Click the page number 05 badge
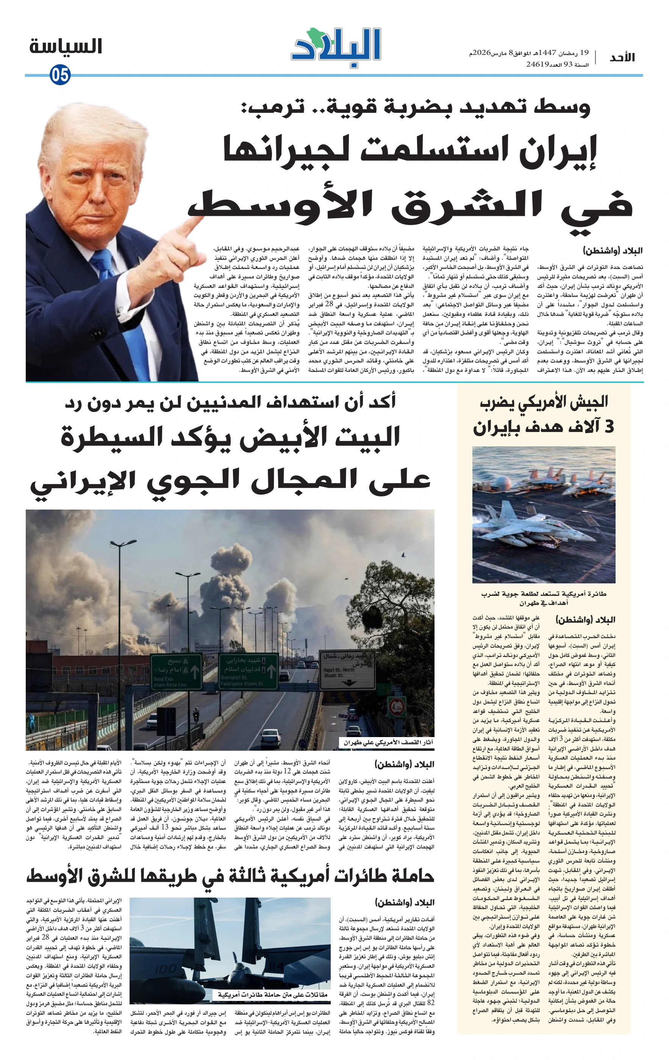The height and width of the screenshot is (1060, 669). click(x=60, y=75)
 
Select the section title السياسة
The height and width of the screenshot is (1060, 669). click(x=66, y=47)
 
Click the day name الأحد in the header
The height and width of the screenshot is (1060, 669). click(x=622, y=58)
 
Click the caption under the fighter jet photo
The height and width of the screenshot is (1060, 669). click(x=544, y=598)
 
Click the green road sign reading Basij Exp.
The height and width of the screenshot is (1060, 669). click(x=176, y=671)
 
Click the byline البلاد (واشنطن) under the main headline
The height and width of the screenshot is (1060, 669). click(x=612, y=251)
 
